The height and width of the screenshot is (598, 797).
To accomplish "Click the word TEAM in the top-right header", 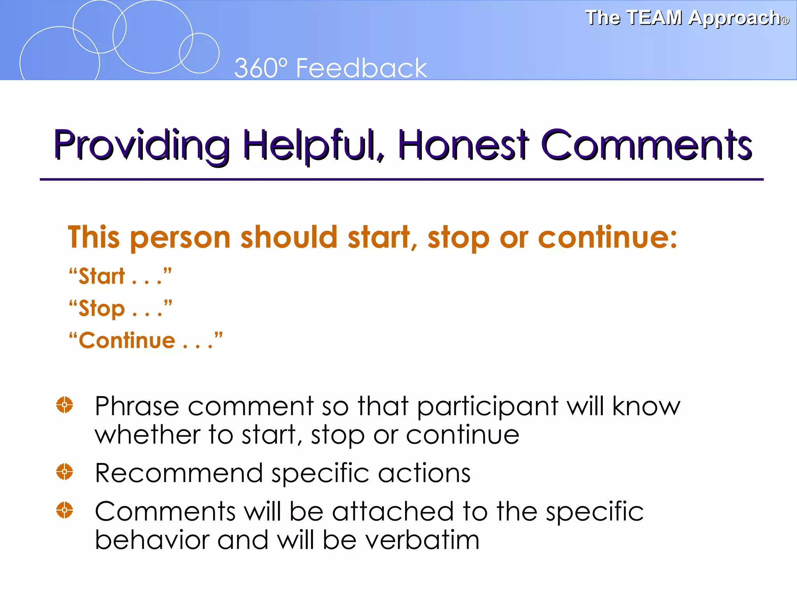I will tap(655, 18).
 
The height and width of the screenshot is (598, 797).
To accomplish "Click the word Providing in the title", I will tap(142, 146).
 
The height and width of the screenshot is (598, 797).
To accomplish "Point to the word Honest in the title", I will tap(463, 145).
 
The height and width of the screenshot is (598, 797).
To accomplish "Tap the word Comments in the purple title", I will tap(646, 145).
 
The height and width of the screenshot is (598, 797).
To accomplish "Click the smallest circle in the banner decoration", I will tap(199, 53).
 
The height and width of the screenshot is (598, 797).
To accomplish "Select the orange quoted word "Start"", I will tap(102, 276).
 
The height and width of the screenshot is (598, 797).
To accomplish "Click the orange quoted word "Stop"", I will tap(102, 309).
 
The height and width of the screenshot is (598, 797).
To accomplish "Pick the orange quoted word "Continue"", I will tap(127, 341).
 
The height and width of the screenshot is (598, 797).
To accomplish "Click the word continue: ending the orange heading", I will tap(607, 237).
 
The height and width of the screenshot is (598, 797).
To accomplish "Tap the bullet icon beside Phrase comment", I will tap(65, 405).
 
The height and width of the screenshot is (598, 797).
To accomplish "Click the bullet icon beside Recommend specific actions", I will tap(65, 472).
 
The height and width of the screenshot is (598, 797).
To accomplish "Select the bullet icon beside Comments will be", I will tap(65, 510).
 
